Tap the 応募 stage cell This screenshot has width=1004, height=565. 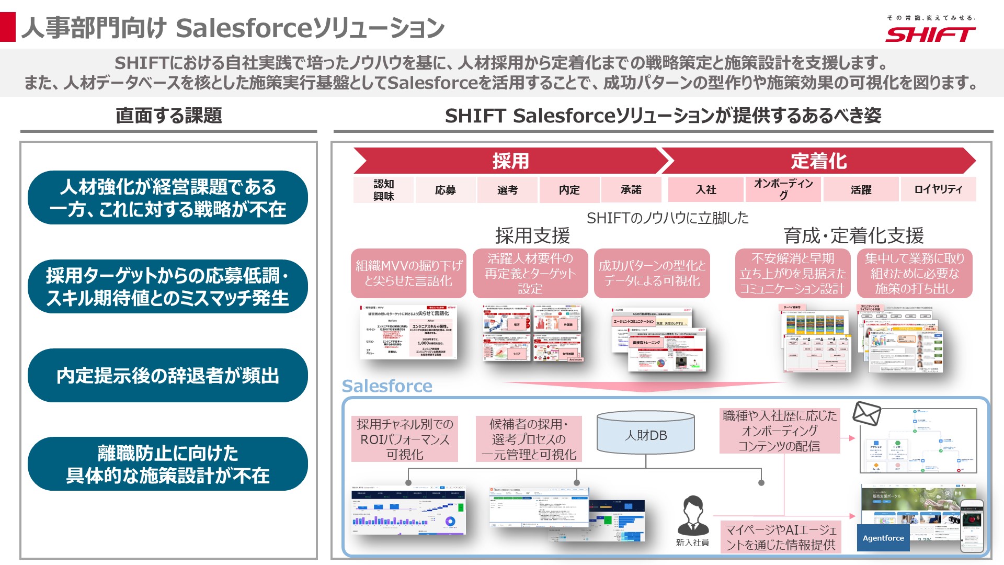[x=445, y=190]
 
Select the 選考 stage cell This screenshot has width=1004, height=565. [x=507, y=190]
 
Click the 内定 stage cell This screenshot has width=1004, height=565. [x=569, y=190]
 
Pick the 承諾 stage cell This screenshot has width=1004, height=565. [x=631, y=190]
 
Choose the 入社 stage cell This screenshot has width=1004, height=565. [x=705, y=190]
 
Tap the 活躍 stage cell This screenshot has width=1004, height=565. [x=861, y=190]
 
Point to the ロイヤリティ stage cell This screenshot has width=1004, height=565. [x=938, y=190]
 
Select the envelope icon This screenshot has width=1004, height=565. [x=866, y=414]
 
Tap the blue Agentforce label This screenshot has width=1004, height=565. [x=883, y=538]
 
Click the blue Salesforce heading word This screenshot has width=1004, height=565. [x=387, y=386]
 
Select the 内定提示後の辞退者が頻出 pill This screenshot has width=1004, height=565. [x=168, y=376]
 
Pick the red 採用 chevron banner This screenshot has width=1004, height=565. [x=510, y=161]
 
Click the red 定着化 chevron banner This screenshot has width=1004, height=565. [x=818, y=161]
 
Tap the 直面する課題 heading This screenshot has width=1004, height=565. [x=168, y=116]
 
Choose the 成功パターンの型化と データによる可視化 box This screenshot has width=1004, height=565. [x=652, y=273]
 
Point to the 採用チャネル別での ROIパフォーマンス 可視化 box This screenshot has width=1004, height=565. [x=405, y=439]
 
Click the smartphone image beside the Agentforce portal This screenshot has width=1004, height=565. [x=972, y=526]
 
